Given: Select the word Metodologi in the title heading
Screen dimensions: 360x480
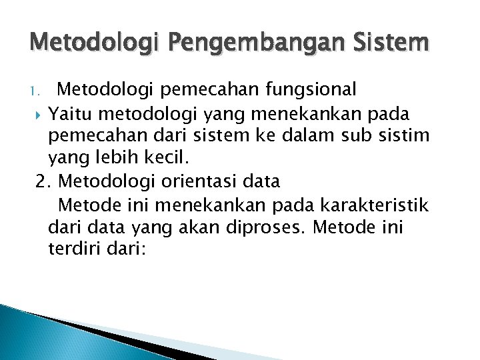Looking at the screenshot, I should tap(93, 45).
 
